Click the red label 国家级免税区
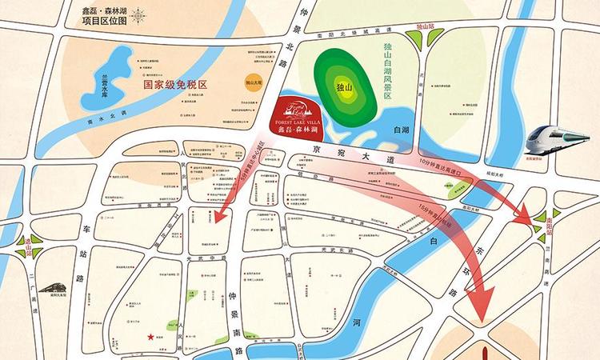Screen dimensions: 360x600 point(174,83)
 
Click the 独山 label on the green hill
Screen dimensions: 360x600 point(343,86)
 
